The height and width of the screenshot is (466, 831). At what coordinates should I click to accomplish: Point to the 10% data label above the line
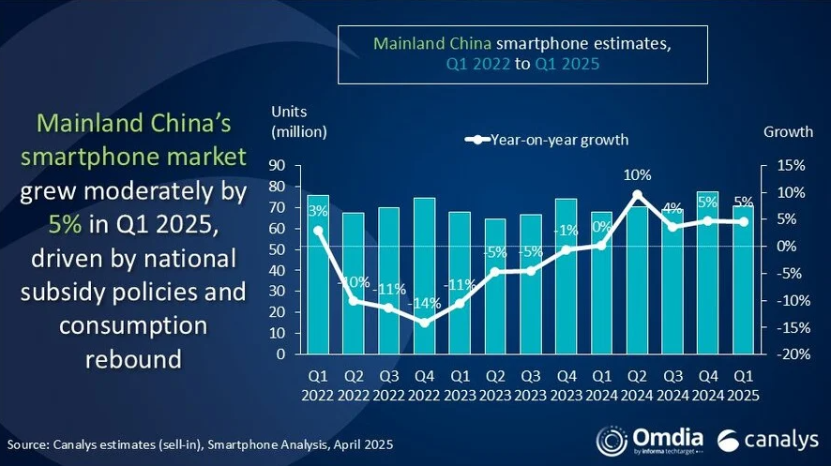point(637,174)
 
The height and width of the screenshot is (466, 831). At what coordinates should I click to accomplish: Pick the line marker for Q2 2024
point(637,195)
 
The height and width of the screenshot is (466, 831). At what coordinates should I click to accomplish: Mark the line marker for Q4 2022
point(425,323)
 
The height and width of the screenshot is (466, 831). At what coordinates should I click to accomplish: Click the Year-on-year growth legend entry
point(548,140)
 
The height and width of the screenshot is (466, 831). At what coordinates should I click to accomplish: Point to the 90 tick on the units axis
point(277,166)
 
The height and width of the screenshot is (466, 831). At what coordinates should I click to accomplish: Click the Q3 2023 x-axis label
point(531,383)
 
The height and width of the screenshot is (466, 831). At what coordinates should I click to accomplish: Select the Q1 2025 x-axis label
point(743,383)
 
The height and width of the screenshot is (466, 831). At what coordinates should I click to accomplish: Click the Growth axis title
point(786,131)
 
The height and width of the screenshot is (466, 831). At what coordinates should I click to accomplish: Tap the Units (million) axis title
point(298,121)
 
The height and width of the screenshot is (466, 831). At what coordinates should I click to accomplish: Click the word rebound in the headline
point(132,359)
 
